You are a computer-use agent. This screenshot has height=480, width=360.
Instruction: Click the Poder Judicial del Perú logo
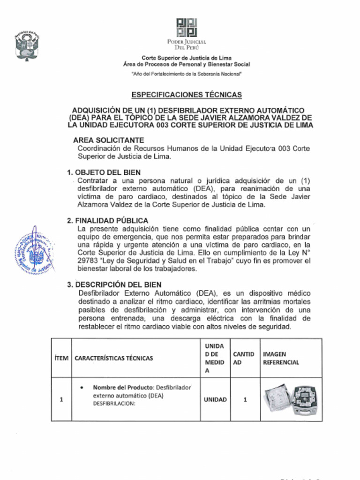[187, 28]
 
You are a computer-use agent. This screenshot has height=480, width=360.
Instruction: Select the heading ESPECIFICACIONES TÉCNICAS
[187, 95]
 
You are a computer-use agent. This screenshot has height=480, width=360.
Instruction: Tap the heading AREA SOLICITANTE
[108, 140]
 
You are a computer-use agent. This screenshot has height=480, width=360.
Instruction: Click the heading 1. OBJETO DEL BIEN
[104, 172]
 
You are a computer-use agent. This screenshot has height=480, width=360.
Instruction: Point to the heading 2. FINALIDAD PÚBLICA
[107, 220]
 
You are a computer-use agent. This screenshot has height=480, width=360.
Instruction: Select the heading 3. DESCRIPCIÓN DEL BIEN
[114, 284]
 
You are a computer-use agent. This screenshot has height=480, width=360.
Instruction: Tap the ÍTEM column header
[61, 358]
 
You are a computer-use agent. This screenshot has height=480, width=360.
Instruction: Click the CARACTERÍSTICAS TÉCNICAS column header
[113, 358]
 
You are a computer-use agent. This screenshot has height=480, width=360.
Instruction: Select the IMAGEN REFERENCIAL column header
[281, 358]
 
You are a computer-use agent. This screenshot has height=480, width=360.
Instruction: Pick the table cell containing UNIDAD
[215, 399]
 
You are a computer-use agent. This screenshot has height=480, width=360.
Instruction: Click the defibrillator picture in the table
[291, 399]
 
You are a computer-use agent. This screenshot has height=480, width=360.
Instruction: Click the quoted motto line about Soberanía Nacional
[187, 74]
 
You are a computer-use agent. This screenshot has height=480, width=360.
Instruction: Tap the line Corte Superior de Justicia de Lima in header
[187, 58]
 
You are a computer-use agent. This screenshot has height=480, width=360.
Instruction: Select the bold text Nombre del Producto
[123, 387]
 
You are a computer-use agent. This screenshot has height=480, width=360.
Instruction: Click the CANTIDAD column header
[244, 358]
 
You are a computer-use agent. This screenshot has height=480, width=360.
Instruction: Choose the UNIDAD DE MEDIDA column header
[215, 358]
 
